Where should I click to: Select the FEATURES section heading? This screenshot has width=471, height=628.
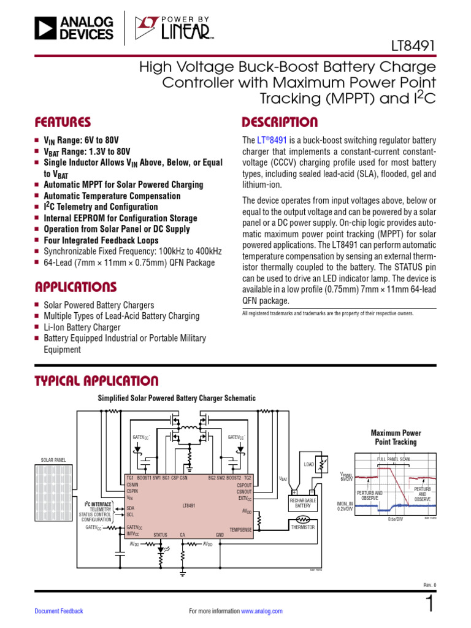pos(63,122)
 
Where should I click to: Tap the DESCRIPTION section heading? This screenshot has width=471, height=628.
pos(280,122)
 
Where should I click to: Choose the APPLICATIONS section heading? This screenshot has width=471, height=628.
pos(75,287)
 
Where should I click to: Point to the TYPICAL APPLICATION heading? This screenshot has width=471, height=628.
pos(96,381)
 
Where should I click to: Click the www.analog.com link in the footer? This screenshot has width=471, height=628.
pos(262,611)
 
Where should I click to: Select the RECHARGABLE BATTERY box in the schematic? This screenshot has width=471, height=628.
pos(303,503)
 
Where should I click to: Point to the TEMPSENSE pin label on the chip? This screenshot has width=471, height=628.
pos(240,529)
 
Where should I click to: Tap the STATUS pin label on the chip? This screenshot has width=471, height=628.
pos(160,535)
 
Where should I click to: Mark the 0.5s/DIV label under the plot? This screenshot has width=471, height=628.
pos(395,519)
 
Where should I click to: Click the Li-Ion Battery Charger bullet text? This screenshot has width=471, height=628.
pos(82,327)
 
